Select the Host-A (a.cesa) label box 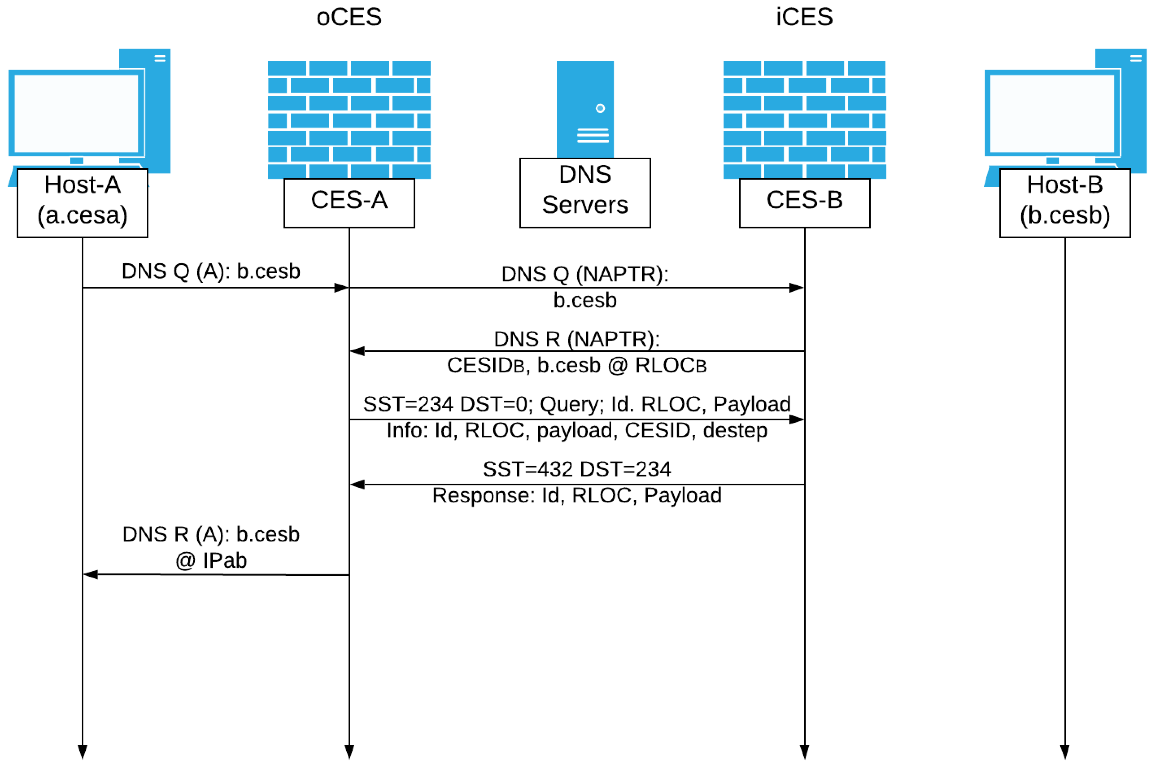pos(82,203)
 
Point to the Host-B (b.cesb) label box pos(1065,203)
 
